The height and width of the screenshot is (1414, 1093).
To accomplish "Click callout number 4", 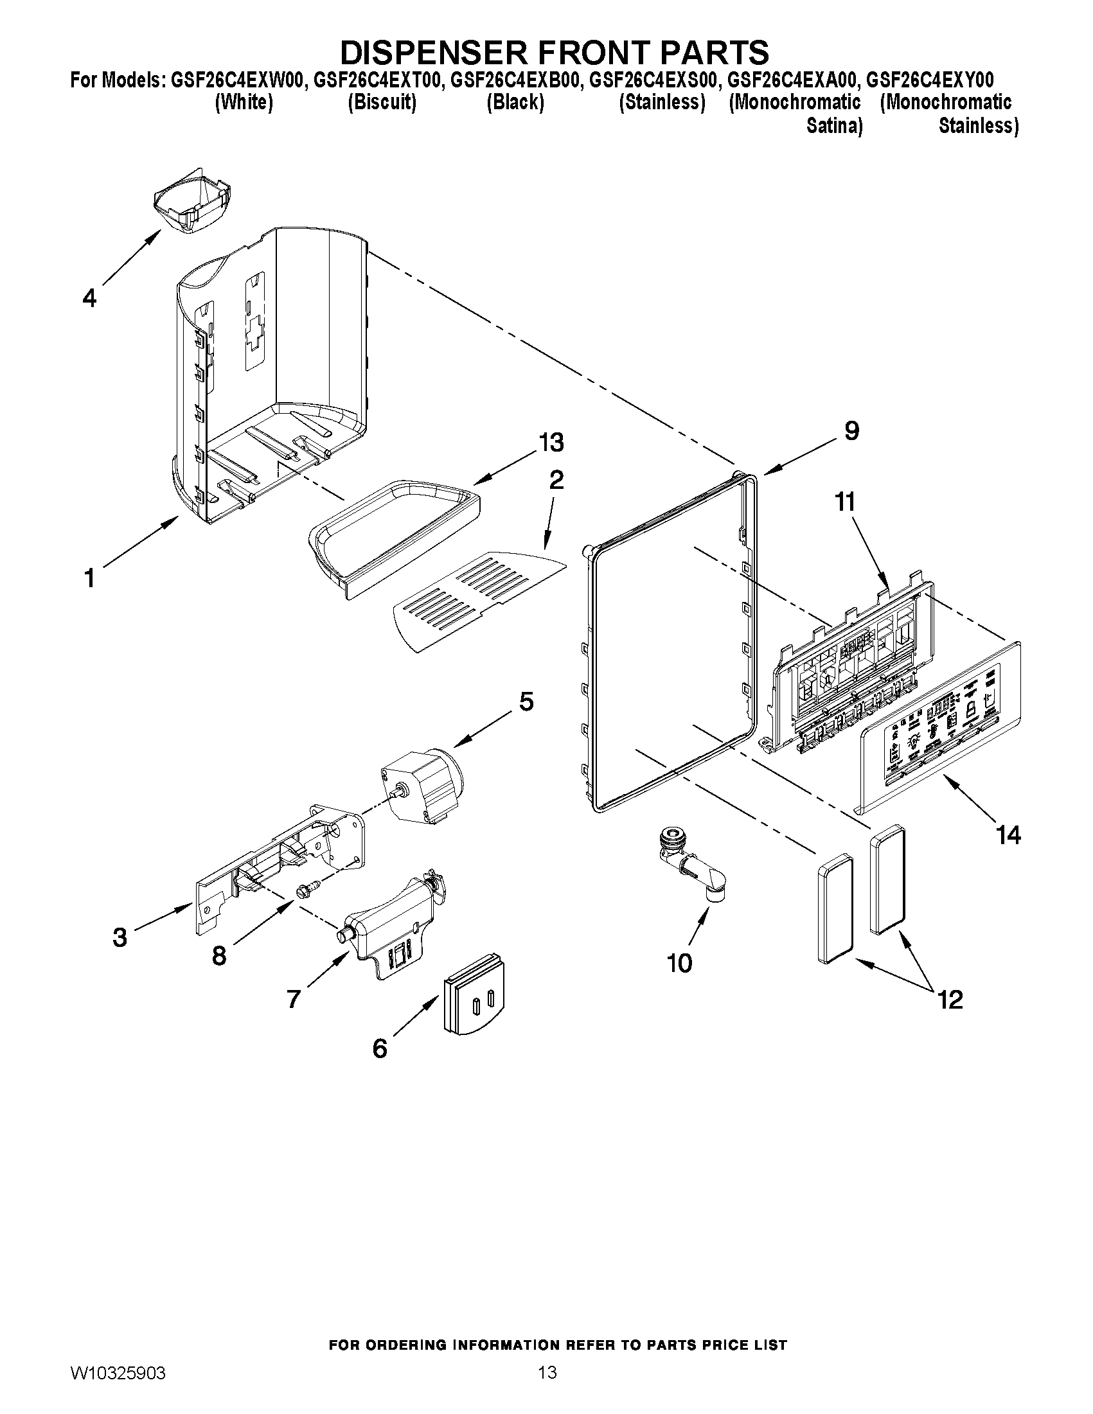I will [89, 298].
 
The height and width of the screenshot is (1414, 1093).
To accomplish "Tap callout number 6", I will [380, 1048].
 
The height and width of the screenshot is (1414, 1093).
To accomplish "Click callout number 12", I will [950, 1000].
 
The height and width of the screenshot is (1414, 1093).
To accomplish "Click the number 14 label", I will [1008, 835].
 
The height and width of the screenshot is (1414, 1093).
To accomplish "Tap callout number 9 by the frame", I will [851, 430].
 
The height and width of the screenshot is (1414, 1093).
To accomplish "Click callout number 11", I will [845, 502].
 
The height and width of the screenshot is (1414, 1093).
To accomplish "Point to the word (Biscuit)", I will [382, 102].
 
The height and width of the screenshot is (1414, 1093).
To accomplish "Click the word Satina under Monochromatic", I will [834, 126].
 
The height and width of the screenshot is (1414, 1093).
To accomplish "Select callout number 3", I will [120, 937].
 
